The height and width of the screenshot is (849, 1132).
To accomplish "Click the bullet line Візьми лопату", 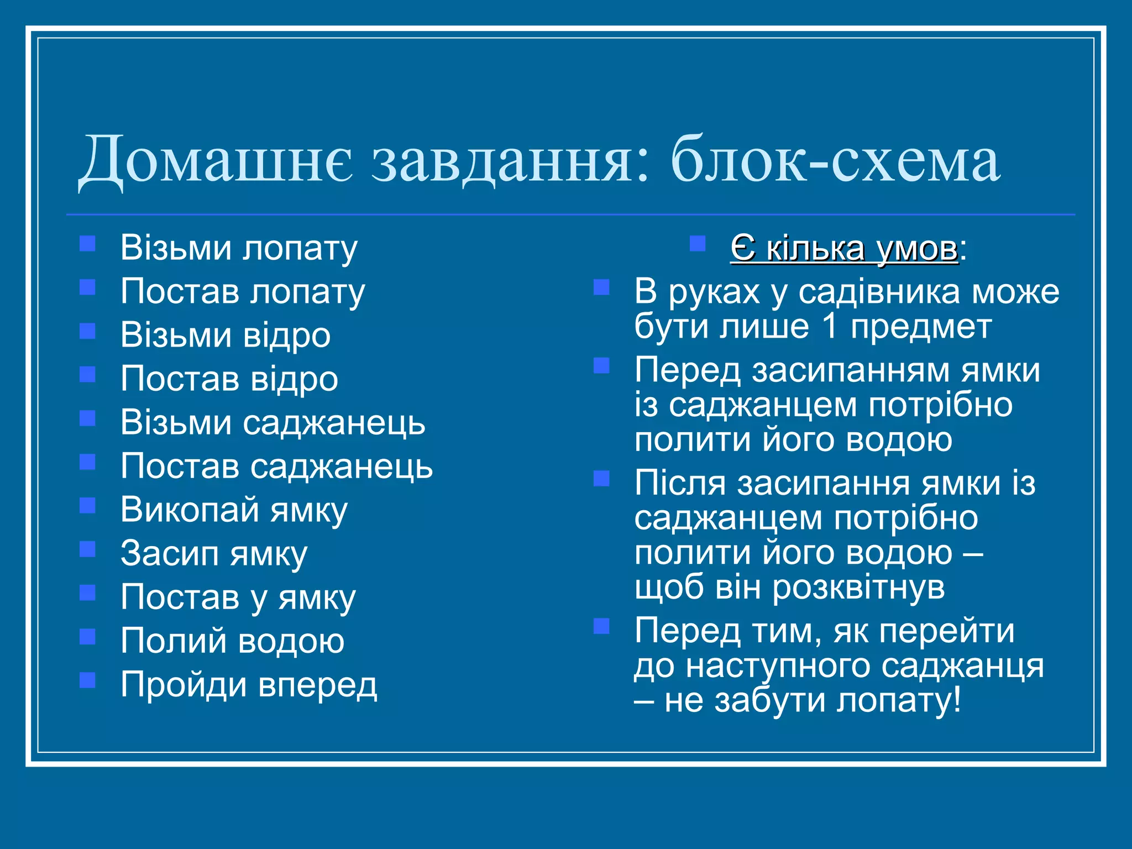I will [239, 248].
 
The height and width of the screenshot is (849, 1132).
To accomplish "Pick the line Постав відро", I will [229, 379].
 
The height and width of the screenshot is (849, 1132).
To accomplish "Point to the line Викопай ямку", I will [234, 510].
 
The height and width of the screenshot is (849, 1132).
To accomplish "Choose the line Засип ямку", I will [214, 554].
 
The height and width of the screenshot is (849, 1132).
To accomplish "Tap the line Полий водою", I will [232, 641].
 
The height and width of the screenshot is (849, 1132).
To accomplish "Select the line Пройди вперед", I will [249, 685].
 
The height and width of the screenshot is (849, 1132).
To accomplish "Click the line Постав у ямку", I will [238, 598].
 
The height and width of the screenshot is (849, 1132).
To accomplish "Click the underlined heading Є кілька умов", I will [844, 248].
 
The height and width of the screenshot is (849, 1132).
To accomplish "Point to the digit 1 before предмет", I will [830, 327].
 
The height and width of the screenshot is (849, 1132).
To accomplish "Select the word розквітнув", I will [858, 587].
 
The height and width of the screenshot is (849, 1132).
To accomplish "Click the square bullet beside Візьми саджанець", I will [87, 418].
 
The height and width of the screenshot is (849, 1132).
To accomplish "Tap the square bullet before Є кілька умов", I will [698, 244].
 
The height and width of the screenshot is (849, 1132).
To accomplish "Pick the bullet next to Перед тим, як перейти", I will [601, 626].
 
